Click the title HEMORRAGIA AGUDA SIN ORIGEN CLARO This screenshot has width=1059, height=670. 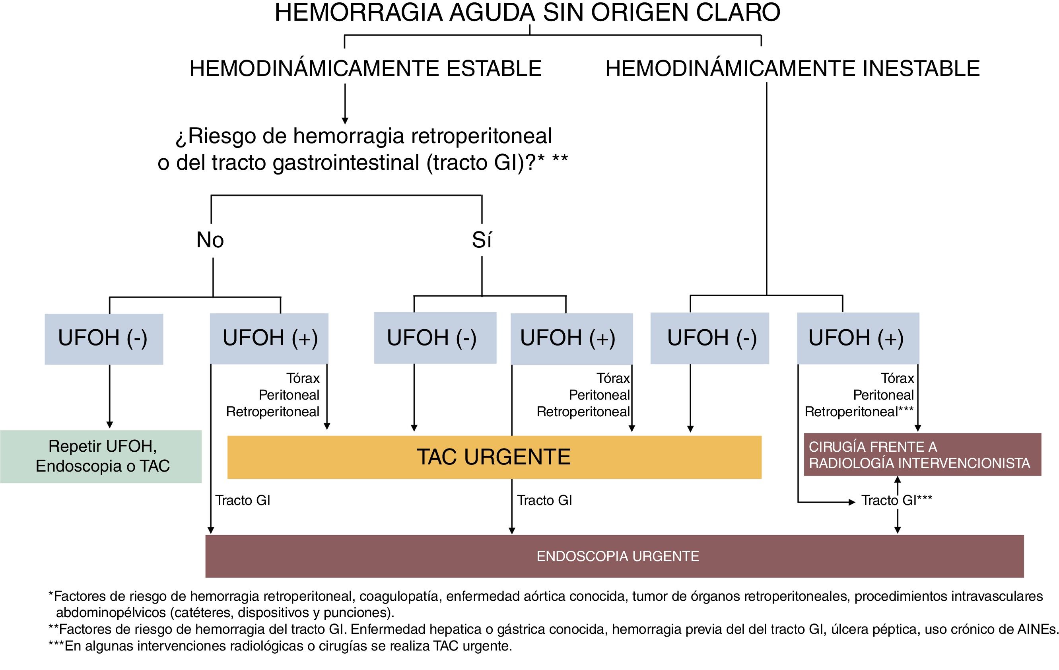coord(527,12)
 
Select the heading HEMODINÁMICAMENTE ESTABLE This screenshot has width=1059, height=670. coord(365,68)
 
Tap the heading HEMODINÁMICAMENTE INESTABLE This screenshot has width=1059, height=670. coord(793,68)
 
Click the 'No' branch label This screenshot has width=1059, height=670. coord(210,240)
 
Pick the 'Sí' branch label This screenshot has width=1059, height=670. coord(482,240)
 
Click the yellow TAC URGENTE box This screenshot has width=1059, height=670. coord(494,457)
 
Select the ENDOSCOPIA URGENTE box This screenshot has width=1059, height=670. coord(618,556)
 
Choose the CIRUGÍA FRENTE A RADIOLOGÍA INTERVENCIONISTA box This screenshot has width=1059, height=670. coord(922,454)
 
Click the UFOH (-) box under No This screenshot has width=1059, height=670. coord(104,338)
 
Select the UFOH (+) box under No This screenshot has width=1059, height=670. coord(269,338)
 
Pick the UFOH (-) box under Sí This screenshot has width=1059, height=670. coord(435,338)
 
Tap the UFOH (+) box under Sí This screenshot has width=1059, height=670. coord(571,338)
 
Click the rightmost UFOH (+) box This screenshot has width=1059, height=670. coord(857,338)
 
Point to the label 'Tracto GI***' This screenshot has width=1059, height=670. coord(896,500)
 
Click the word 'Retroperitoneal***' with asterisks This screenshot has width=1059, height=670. coord(859,412)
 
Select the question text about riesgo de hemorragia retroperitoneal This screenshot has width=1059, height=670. coord(363,149)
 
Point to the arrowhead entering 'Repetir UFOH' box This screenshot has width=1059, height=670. coord(109,425)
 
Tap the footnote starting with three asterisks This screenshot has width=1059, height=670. coord(280,646)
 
